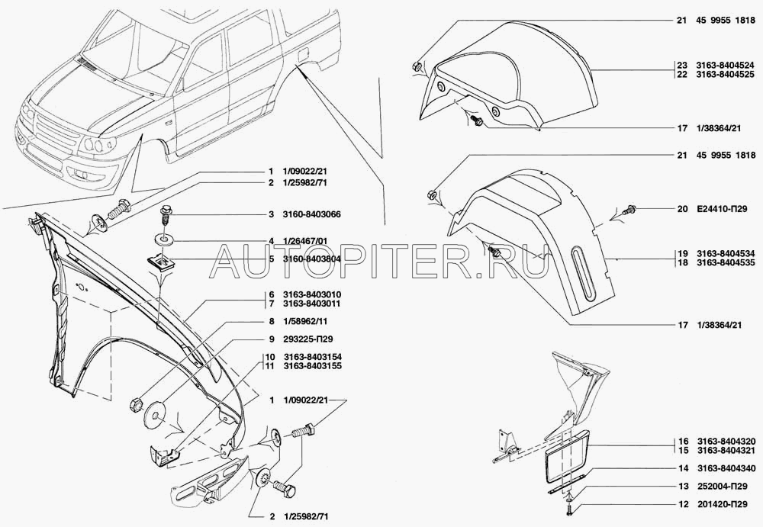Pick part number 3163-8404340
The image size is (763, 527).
[x=726, y=468]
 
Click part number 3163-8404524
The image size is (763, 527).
[x=726, y=66]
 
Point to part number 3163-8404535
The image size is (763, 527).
[x=726, y=263]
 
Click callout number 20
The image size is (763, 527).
[x=682, y=209]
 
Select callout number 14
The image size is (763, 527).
[x=683, y=468]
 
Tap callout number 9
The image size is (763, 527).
[x=272, y=339]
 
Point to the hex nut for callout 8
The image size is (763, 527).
[x=136, y=403]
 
